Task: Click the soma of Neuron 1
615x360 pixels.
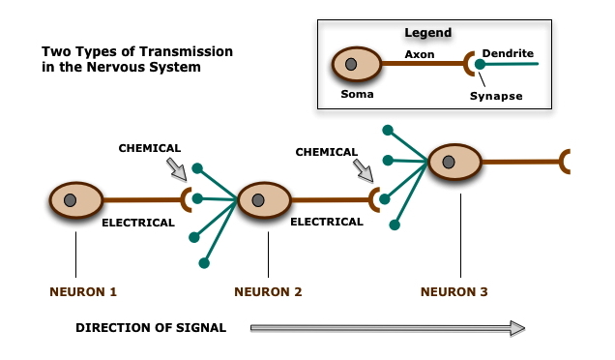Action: click(75, 200)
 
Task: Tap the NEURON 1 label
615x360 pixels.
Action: click(82, 290)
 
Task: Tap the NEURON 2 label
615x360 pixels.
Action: click(268, 290)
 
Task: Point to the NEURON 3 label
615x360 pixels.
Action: click(454, 290)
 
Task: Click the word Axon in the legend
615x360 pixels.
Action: click(419, 55)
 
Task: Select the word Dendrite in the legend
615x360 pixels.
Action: click(508, 54)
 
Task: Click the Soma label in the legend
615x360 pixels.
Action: click(357, 95)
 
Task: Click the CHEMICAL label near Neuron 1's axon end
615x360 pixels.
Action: click(149, 148)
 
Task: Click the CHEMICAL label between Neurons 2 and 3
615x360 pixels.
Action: click(326, 152)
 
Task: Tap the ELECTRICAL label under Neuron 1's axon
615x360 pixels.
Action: click(138, 223)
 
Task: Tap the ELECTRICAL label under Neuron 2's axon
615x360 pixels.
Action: click(326, 222)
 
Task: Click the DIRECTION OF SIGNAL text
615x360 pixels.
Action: click(151, 328)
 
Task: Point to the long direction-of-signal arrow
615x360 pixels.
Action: click(387, 328)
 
